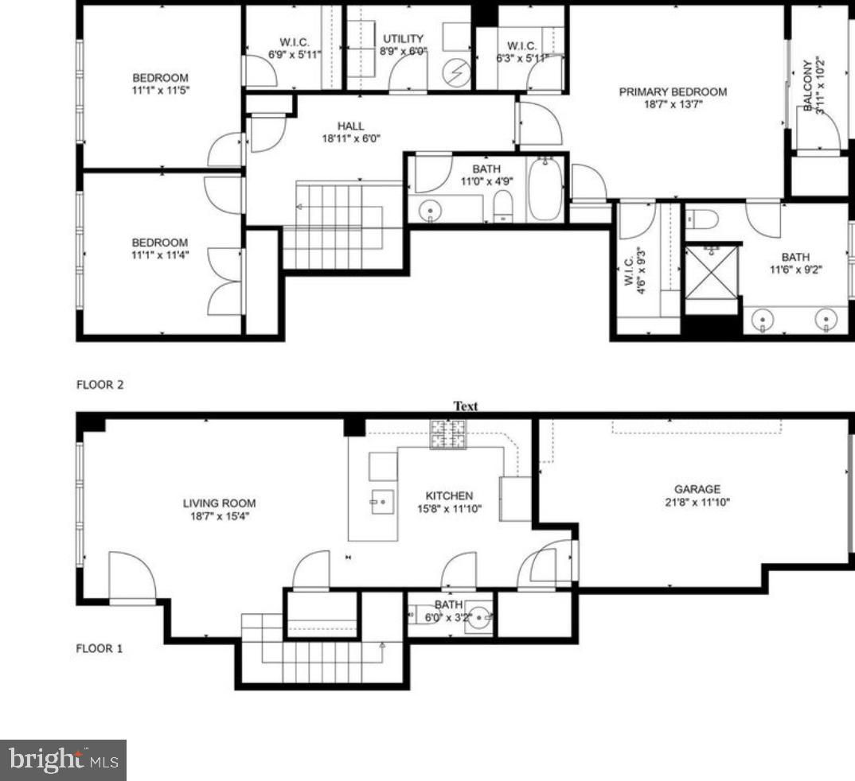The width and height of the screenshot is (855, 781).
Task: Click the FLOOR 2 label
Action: point(100,385)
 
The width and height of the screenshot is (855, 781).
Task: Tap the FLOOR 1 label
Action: point(100,649)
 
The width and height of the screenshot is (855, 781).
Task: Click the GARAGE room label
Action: point(697,489)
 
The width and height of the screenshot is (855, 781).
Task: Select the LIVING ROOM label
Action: point(219,503)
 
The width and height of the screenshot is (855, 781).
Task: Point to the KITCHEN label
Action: point(449,495)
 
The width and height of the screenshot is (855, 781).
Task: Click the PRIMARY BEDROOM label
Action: point(673,92)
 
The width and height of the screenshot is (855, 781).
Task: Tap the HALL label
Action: point(350,126)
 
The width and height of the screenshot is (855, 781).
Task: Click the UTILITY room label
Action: point(403,39)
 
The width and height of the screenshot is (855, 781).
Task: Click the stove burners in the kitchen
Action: point(449,434)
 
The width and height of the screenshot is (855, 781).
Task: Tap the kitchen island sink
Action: point(382,502)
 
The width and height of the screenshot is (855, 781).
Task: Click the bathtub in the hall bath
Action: point(545,189)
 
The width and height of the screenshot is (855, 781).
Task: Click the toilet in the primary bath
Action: point(702,220)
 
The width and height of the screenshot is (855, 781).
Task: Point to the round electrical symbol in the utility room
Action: point(456,73)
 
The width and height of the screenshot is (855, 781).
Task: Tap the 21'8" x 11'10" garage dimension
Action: point(697,502)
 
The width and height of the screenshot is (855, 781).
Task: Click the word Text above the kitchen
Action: point(466,406)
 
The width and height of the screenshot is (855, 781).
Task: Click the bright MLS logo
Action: point(63,760)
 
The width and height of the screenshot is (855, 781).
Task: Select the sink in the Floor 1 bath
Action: point(478,618)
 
